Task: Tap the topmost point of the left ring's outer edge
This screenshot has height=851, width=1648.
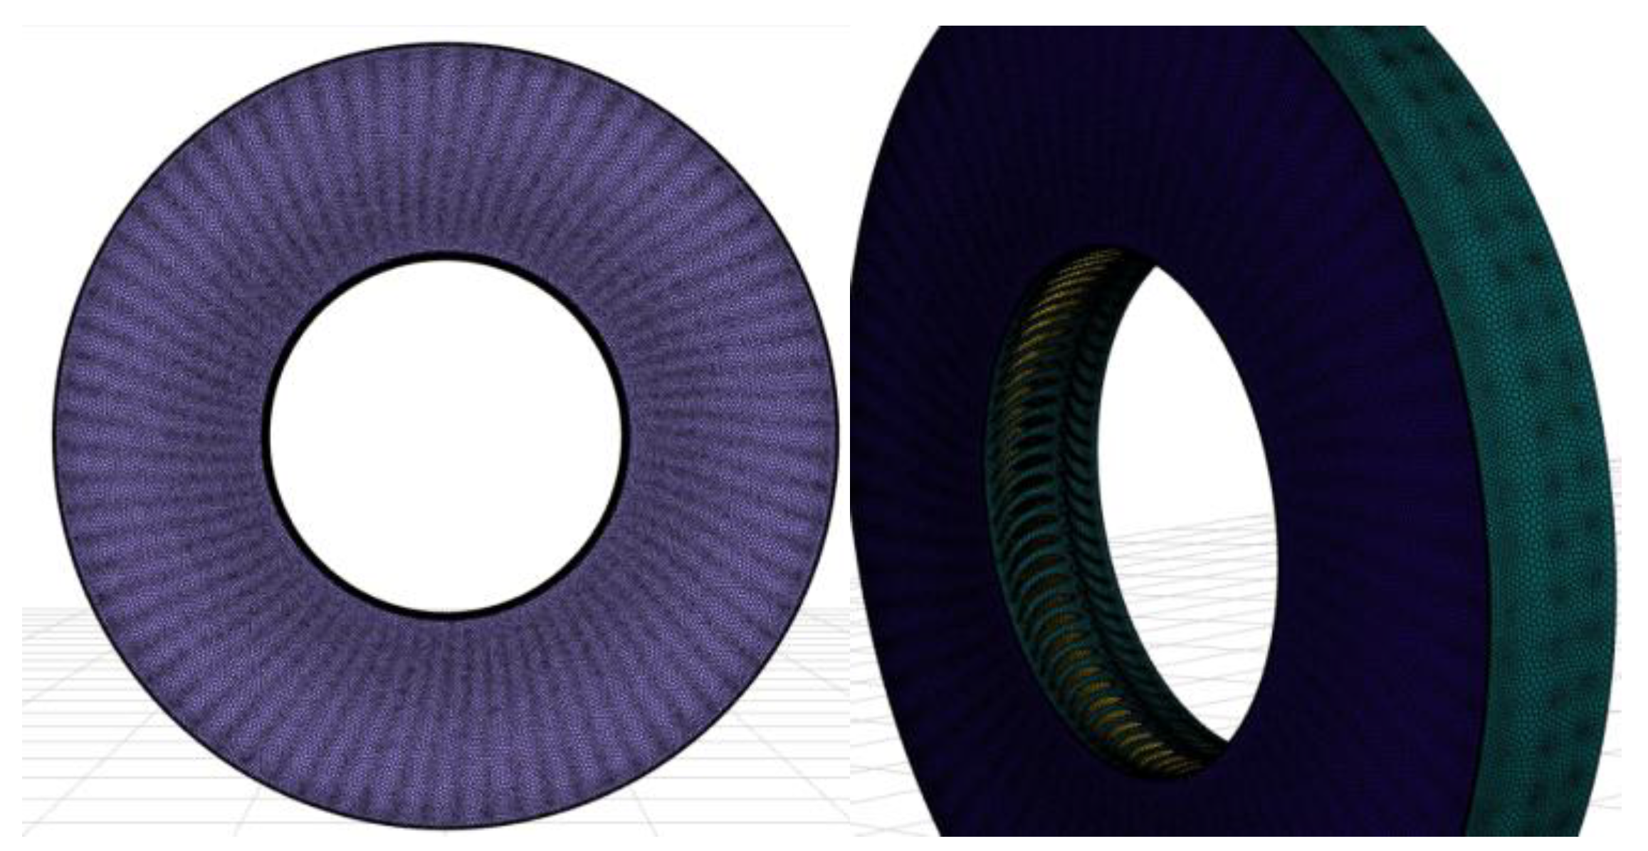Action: tap(446, 43)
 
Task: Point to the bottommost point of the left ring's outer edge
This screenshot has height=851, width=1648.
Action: tap(446, 827)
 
